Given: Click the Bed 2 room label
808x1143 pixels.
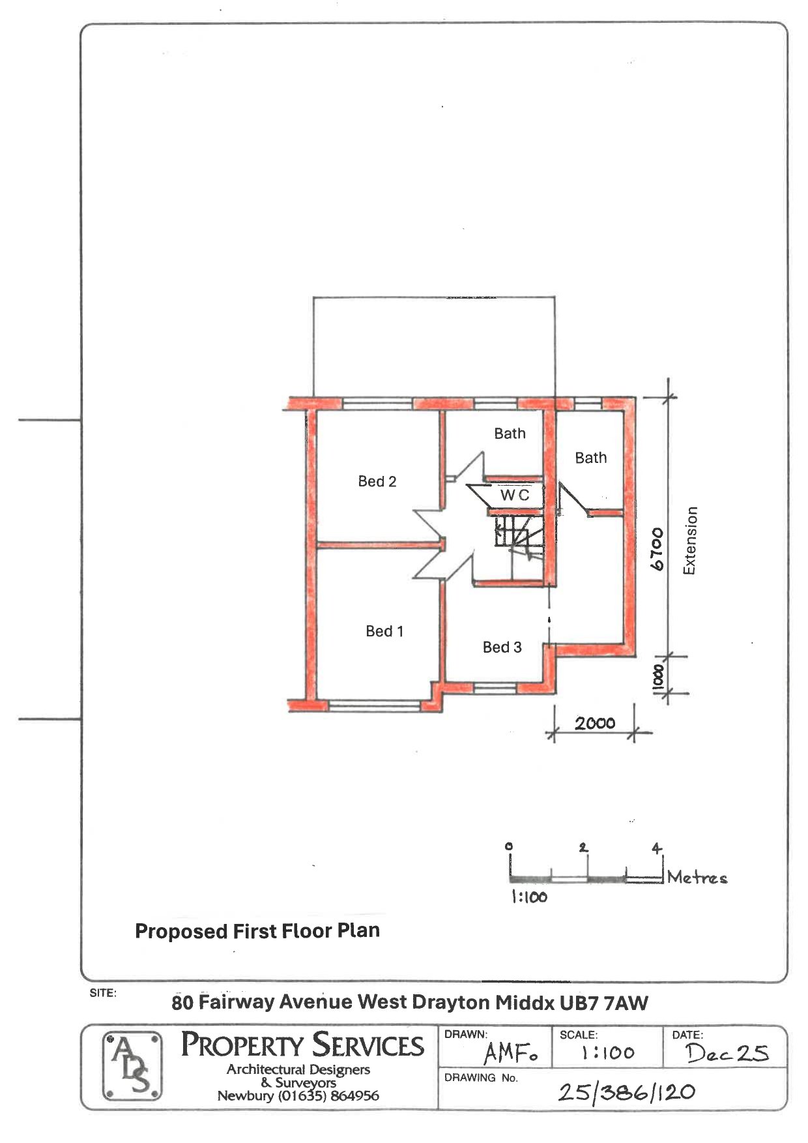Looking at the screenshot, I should click(x=377, y=481).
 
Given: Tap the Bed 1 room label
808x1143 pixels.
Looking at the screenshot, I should click(x=384, y=631).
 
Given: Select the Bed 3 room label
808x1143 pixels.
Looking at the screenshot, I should click(x=502, y=647).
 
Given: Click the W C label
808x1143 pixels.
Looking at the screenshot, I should click(x=515, y=495).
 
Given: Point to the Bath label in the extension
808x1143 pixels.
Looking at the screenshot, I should click(x=590, y=458).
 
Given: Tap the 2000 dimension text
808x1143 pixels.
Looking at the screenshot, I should click(x=595, y=723).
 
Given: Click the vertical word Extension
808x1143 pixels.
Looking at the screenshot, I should click(x=690, y=541).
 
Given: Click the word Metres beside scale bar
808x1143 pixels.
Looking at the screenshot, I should click(x=697, y=878).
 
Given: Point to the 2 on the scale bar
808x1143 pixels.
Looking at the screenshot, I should click(x=583, y=848).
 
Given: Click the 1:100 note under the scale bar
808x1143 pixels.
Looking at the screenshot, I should click(x=528, y=898).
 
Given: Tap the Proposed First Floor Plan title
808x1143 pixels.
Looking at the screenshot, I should click(x=257, y=931).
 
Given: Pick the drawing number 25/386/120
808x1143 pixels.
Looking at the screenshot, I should click(x=626, y=1092).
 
